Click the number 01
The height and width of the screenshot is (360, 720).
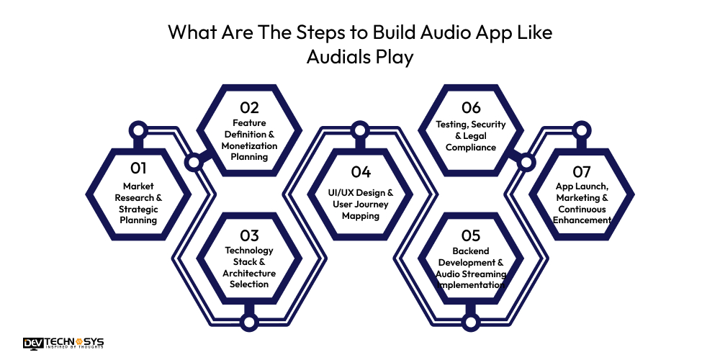coord(138,168)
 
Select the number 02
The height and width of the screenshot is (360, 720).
coord(249,107)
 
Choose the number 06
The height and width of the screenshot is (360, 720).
coord(471,107)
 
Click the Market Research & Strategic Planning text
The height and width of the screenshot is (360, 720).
coord(138,203)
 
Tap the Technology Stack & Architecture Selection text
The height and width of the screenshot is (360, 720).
coord(249,267)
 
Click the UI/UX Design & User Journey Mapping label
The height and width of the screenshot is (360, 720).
coord(360,204)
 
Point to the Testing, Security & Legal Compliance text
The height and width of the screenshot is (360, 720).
coord(471,135)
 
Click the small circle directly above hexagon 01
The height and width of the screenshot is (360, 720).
coord(138,131)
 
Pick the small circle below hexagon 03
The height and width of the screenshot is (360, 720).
coord(249,322)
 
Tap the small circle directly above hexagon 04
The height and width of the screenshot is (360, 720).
coord(360,131)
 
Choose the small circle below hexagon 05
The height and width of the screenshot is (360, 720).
coord(470,322)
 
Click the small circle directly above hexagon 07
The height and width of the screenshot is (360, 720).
coord(582,131)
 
